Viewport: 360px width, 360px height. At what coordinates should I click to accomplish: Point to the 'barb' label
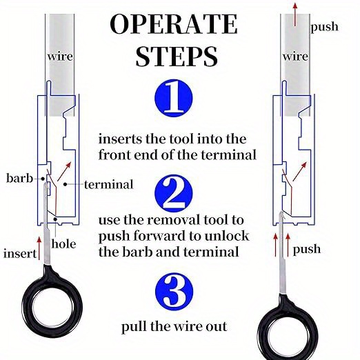[x=19, y=178]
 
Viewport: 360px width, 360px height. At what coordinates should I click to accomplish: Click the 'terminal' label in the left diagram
[x=108, y=185]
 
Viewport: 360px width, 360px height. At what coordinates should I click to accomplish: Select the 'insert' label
[x=19, y=254]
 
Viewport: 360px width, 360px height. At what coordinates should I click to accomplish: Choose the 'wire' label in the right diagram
[x=296, y=55]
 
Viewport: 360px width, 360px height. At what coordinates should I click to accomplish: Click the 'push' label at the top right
[x=324, y=27]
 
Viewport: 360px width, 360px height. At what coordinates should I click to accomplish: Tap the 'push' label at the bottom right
[x=307, y=248]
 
